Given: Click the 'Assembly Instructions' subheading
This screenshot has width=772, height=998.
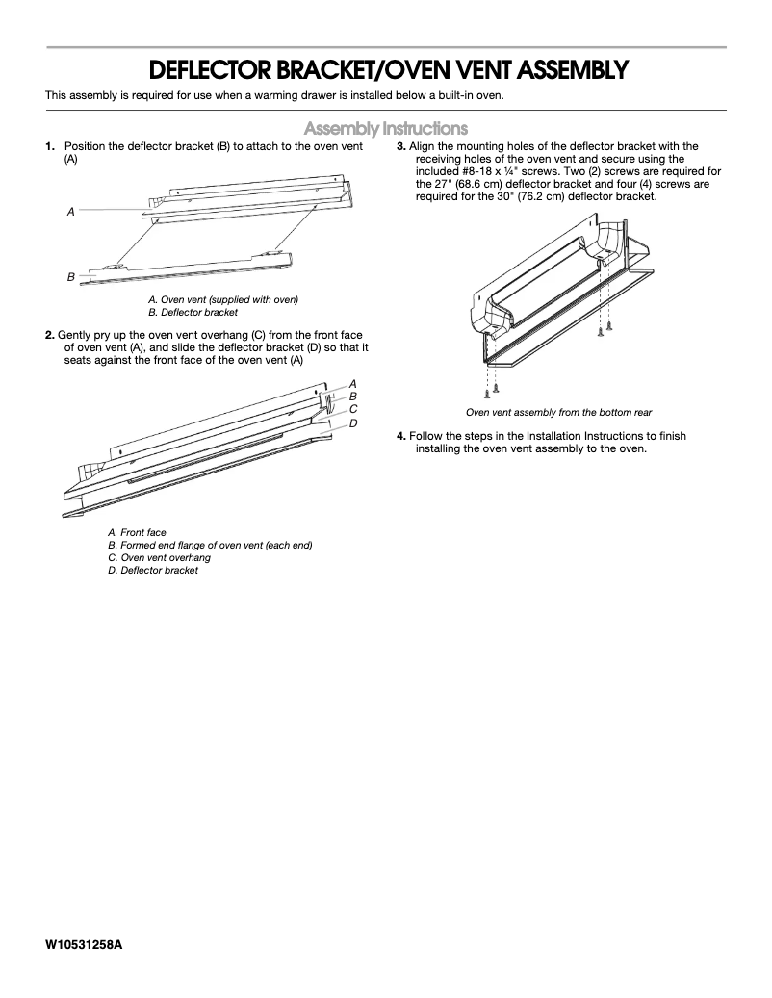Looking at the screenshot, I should (386, 128).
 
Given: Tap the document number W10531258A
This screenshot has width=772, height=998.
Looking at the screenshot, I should (84, 944).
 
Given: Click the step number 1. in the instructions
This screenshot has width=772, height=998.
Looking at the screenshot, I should (49, 146).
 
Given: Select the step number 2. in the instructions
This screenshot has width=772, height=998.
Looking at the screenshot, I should (49, 335).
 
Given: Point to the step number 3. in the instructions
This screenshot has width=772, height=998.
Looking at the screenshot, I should (401, 146).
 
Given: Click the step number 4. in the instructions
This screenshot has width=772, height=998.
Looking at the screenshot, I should (401, 436).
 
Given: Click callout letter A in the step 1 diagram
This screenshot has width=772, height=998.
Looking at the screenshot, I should (70, 211).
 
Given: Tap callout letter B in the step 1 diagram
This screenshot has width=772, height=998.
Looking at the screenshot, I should (70, 277).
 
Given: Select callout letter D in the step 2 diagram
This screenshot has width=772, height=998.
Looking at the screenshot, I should (353, 422).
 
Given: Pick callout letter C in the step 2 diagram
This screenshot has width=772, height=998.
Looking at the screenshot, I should (353, 408).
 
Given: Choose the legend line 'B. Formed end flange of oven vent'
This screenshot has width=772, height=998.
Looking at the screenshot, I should (210, 545).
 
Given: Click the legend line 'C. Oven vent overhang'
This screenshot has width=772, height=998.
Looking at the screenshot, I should (159, 557).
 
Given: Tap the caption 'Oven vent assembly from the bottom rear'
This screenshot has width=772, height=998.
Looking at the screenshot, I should (558, 412).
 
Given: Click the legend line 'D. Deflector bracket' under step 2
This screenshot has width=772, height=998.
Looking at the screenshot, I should (153, 570).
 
